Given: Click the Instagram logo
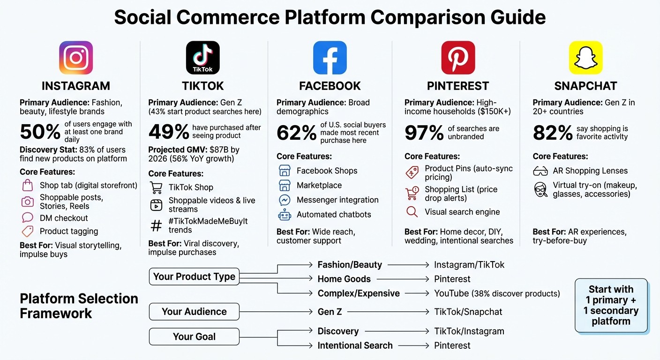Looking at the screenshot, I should [x=76, y=58].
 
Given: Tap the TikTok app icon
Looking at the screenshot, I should [x=202, y=58].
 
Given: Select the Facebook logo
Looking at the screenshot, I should [x=330, y=58].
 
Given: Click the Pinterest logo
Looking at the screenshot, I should [x=458, y=58].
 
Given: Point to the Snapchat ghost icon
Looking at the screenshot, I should [x=585, y=58].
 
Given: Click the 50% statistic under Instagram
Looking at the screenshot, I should [x=40, y=132].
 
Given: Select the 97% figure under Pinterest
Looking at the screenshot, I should [x=424, y=133].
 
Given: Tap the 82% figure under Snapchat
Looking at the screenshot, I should [x=552, y=133].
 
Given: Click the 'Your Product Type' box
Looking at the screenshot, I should [x=194, y=277].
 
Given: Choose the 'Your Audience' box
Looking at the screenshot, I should [x=194, y=312].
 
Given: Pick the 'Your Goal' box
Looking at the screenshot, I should [x=194, y=337].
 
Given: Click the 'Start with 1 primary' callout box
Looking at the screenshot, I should [x=611, y=305].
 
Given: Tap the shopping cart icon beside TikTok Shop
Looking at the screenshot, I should [x=156, y=187].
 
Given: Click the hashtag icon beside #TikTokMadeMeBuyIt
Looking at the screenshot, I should [x=156, y=225].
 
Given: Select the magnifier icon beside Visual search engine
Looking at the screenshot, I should [x=412, y=212].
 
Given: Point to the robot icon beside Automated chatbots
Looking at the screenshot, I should [x=285, y=215].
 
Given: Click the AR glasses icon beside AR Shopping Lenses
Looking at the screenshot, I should [x=540, y=171].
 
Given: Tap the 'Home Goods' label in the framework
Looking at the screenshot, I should [x=344, y=279].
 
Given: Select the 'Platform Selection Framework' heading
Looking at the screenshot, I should [x=79, y=306].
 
